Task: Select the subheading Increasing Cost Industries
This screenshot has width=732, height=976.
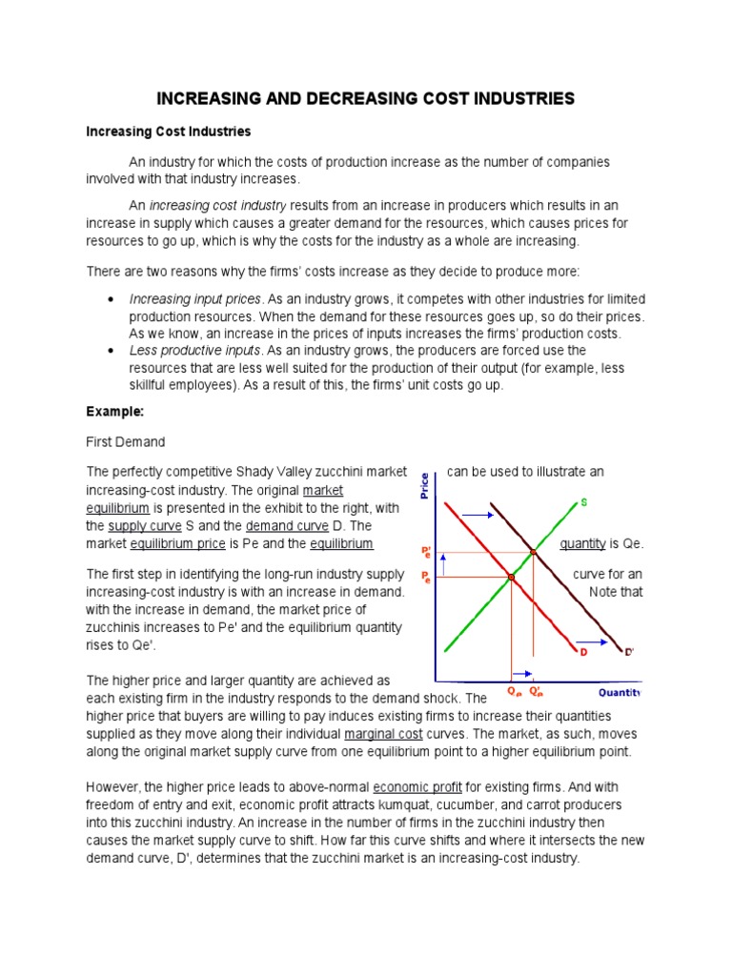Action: (x=169, y=131)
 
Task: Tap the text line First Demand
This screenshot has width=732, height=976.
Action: (x=126, y=441)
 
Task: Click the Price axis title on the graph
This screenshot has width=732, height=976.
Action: (x=424, y=487)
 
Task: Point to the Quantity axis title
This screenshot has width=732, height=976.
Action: (x=619, y=692)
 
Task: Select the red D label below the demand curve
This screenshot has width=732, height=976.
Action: (x=581, y=652)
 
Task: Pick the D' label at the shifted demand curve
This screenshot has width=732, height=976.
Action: (x=628, y=652)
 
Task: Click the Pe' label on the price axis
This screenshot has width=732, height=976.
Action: (x=426, y=552)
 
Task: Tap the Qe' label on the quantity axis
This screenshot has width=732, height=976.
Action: (x=538, y=692)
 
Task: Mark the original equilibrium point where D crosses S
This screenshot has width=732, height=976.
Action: (x=512, y=578)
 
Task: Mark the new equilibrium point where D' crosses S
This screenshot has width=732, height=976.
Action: (x=534, y=552)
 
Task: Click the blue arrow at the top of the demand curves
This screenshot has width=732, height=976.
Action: (x=478, y=515)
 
